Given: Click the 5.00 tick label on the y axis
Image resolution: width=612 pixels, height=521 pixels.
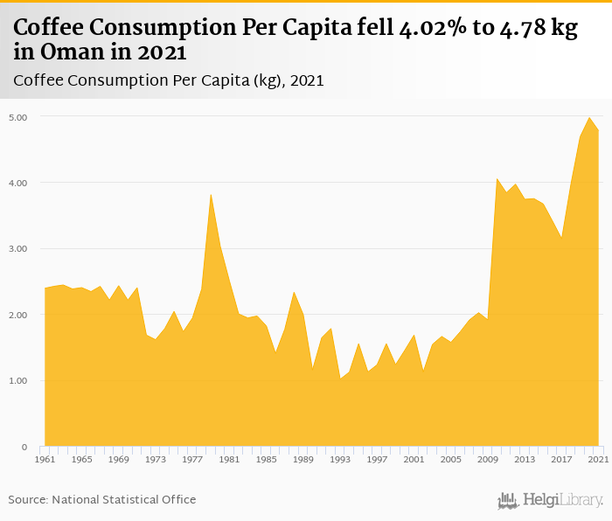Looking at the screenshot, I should [18, 116].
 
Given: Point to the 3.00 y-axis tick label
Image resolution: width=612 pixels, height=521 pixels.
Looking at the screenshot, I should [18, 248].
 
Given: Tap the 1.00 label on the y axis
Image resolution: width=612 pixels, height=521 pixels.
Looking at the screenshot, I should [18, 381].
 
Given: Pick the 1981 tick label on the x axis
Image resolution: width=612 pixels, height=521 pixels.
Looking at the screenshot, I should [229, 459].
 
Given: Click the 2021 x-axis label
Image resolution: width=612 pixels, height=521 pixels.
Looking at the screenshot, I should [598, 459].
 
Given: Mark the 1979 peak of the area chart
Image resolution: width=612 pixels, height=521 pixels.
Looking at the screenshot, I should [211, 194].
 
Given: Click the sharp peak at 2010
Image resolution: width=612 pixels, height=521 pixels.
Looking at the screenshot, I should [497, 178].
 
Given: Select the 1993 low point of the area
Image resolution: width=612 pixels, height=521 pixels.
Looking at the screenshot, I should [340, 378].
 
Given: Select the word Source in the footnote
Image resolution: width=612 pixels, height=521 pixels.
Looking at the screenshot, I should [28, 499].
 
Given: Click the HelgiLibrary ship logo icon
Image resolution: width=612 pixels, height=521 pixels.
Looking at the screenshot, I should [507, 500].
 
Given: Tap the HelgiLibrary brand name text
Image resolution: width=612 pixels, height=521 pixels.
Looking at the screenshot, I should [563, 500].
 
